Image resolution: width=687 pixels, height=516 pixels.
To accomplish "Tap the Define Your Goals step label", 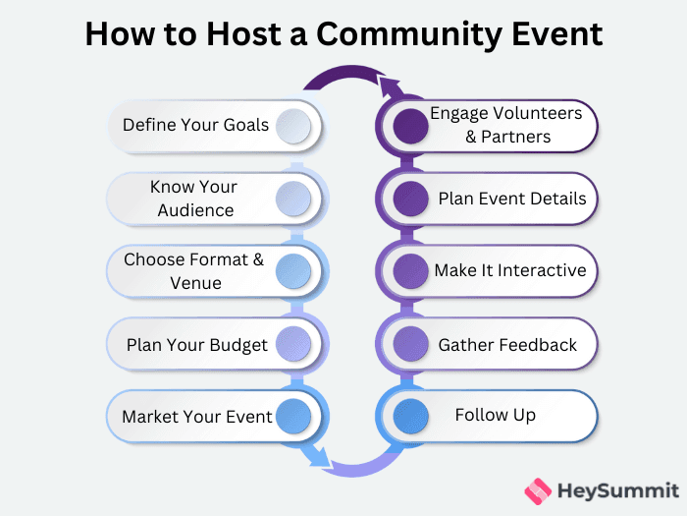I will [195, 125].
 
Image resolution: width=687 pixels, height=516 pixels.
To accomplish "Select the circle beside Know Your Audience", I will [293, 198].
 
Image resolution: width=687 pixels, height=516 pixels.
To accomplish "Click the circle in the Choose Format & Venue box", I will [293, 270].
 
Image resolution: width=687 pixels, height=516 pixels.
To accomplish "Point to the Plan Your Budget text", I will [197, 344].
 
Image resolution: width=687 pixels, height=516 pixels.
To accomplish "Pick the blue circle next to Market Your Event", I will [293, 417].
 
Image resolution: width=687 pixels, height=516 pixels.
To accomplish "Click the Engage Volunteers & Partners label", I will [505, 125].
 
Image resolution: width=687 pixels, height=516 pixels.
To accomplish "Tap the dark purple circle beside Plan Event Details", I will [411, 198].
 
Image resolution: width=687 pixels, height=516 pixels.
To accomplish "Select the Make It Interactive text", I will [510, 270].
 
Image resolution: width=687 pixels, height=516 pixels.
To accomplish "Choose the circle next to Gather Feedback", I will [411, 344].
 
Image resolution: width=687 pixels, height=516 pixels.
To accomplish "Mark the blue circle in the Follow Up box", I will [411, 417].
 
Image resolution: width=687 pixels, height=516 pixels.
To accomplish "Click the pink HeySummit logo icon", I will [538, 489].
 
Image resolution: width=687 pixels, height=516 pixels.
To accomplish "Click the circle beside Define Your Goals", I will [293, 125].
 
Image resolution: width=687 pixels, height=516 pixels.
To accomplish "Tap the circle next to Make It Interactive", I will [411, 270].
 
